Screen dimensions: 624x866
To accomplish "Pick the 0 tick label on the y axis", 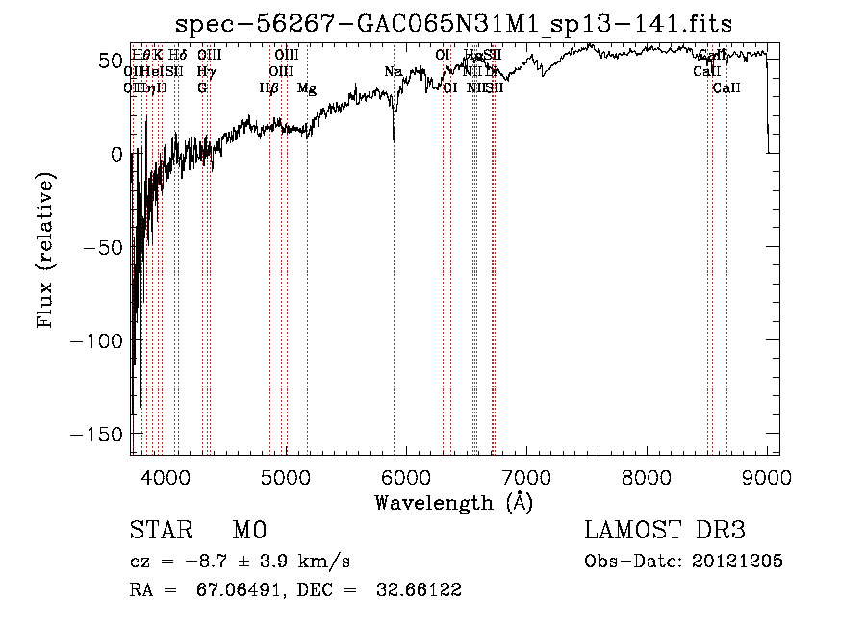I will tap(115, 154).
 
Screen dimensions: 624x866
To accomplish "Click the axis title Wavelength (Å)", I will tap(453, 502).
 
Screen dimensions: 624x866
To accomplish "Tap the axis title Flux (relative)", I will tap(45, 250).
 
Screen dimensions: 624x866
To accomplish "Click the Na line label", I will tap(393, 72).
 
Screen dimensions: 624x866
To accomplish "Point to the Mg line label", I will tap(307, 88).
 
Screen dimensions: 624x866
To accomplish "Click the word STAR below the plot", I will tap(160, 531).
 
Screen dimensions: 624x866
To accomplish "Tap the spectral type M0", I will tap(248, 531).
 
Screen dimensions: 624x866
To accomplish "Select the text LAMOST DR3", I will tap(664, 531).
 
